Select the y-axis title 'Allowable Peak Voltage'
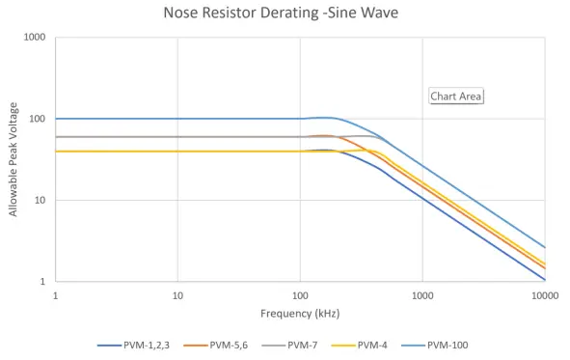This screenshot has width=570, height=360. pos(14,159)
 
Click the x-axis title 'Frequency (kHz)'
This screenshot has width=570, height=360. pos(300,314)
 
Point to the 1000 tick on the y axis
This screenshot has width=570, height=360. pos(36,38)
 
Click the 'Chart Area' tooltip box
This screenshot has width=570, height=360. pos(455,96)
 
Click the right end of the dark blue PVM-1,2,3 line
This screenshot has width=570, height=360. pos(545,280)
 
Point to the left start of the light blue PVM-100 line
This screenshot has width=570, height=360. pos(56,119)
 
